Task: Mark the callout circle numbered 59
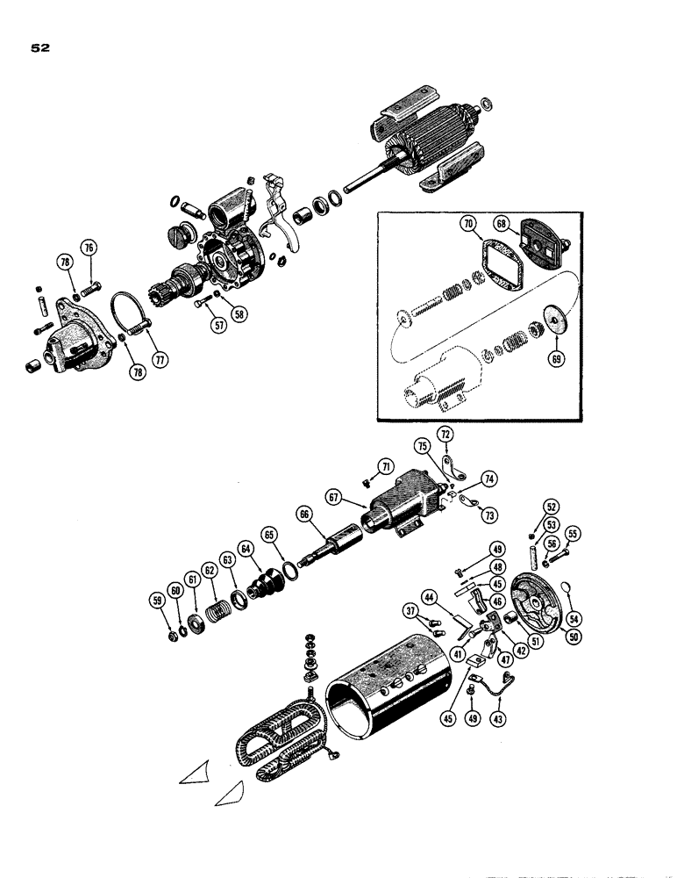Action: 157,601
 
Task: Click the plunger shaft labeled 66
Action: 333,544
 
